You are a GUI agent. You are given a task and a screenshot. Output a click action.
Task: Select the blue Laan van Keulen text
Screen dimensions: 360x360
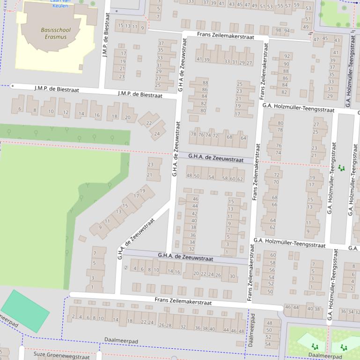(x=59, y=3)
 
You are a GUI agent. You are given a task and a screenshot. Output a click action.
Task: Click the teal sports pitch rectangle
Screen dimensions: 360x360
(x=25, y=311)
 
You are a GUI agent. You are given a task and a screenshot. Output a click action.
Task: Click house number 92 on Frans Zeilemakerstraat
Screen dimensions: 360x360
(x=287, y=56)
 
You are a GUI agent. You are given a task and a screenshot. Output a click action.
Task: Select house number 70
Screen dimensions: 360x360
(x=276, y=182)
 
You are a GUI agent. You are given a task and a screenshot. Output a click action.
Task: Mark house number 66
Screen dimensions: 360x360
(x=274, y=205)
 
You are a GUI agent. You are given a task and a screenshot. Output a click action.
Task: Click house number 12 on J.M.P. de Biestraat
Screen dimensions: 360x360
(x=66, y=113)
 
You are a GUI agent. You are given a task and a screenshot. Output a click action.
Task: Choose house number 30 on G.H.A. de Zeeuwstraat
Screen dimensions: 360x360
(x=232, y=276)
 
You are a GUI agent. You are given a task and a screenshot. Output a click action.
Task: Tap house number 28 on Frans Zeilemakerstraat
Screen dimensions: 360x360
(x=169, y=325)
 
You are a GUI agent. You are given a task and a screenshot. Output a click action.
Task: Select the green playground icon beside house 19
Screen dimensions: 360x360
(x=341, y=168)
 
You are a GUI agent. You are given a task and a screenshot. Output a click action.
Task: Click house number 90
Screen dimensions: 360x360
(x=287, y=64)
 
